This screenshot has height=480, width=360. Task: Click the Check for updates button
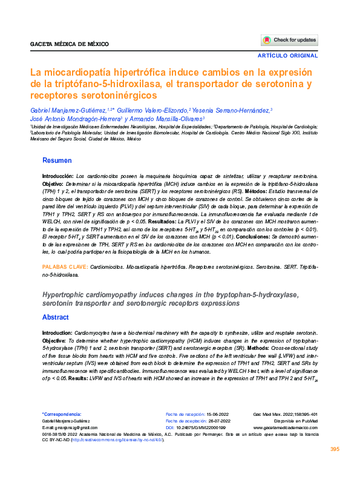(289, 40)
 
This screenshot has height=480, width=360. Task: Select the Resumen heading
(57, 160)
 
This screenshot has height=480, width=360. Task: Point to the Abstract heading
(55, 317)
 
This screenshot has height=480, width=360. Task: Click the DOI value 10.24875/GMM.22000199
(203, 427)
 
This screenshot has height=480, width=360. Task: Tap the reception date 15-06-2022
(214, 414)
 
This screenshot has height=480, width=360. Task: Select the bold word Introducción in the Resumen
(57, 175)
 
